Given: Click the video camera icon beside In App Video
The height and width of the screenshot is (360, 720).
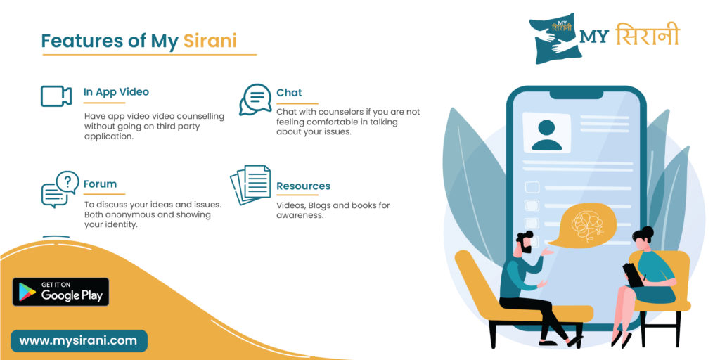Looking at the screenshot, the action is [56, 96].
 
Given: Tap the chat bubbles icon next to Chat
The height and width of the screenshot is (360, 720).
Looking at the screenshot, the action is [255, 100].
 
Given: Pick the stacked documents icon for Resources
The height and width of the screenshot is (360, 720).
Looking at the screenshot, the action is [250, 185].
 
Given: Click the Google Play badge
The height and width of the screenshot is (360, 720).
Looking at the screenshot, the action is [60, 292].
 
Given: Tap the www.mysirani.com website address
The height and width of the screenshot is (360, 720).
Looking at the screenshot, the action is [79, 341].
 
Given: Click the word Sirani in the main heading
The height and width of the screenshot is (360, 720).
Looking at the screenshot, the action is [210, 41].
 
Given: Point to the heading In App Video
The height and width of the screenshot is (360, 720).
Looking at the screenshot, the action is [116, 92].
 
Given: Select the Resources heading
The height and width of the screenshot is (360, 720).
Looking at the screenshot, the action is [303, 186].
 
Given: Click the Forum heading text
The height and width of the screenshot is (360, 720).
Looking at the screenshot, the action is [100, 184].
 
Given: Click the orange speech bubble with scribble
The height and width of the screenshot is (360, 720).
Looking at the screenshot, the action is [582, 224].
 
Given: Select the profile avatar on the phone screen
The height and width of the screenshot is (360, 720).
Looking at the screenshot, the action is [546, 135].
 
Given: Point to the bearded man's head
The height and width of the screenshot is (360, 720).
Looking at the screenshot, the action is [523, 243].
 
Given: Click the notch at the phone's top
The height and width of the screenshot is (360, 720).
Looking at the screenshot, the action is [577, 94].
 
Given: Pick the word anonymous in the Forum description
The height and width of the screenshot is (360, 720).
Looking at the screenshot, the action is [127, 215].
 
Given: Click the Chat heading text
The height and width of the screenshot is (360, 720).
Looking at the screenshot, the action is [289, 92].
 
